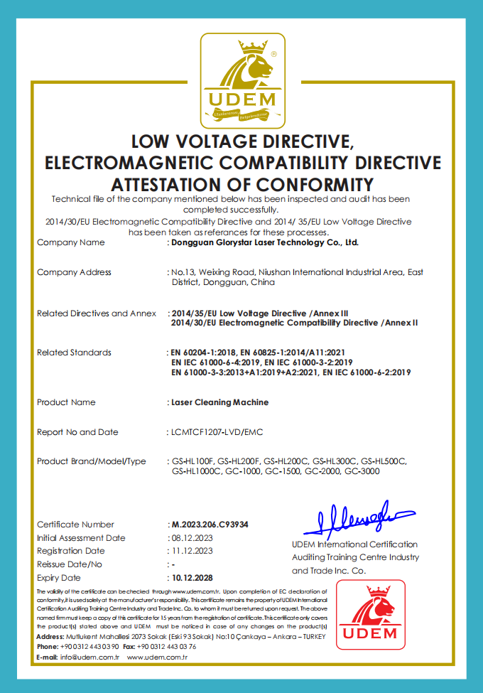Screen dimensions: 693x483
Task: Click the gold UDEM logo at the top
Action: click(x=241, y=78)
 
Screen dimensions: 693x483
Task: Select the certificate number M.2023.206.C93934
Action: click(x=210, y=525)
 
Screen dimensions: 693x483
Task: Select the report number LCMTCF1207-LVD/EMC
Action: click(x=218, y=432)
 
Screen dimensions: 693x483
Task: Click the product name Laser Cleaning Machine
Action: click(x=219, y=402)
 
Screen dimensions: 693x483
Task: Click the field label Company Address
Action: click(x=74, y=272)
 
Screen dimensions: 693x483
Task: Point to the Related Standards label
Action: click(x=74, y=353)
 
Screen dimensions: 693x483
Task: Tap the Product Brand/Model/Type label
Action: click(x=91, y=461)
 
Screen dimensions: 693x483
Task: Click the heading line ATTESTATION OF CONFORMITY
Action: click(x=241, y=184)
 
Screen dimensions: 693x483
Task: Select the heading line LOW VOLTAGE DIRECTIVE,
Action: click(x=241, y=140)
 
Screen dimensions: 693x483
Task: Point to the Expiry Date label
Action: click(x=59, y=578)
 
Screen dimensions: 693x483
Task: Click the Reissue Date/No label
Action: click(x=70, y=564)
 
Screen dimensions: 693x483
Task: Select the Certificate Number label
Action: click(x=75, y=525)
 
